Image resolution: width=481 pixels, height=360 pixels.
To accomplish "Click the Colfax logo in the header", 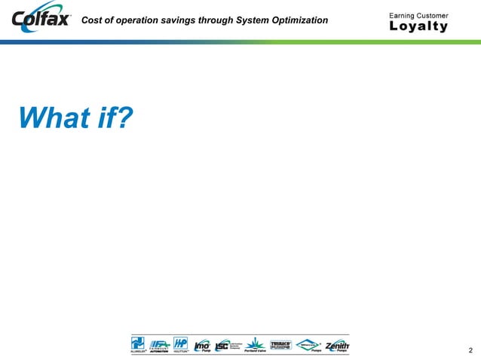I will (x=42, y=20).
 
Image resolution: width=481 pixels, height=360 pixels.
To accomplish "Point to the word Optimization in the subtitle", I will (x=299, y=20).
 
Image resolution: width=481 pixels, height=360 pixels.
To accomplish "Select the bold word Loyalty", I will (x=418, y=27).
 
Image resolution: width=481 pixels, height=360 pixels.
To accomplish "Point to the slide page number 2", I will (x=470, y=349).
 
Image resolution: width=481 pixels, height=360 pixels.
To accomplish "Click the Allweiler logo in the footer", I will (x=139, y=343).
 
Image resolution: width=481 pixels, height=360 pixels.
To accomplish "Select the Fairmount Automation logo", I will (x=159, y=343).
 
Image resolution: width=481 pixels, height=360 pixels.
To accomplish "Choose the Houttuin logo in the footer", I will (x=180, y=343).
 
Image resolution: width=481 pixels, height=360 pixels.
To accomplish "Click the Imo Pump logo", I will (x=202, y=345).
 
